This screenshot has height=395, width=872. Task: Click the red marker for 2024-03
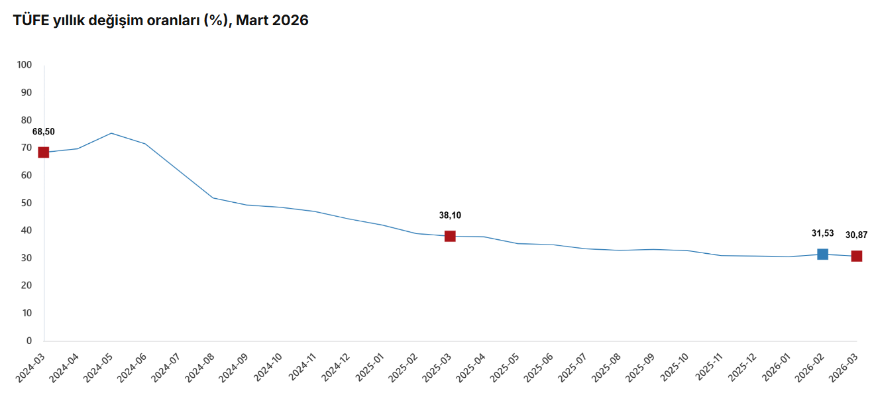tap(44, 152)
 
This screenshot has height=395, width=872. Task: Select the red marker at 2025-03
tap(450, 236)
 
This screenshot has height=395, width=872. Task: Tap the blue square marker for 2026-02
tap(822, 254)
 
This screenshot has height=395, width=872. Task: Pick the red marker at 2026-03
tap(856, 256)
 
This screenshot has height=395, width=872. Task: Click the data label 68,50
tap(44, 131)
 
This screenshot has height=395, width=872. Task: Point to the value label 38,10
tap(450, 215)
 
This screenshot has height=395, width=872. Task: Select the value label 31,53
tap(822, 233)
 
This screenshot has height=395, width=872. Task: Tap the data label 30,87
tap(856, 235)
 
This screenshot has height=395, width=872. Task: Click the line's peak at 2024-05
tap(111, 133)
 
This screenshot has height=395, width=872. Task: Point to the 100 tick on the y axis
tap(25, 65)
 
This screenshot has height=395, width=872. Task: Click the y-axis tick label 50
tap(27, 203)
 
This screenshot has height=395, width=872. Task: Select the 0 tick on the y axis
tap(29, 341)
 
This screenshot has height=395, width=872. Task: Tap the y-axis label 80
tap(27, 120)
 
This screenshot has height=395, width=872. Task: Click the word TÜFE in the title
tap(30, 21)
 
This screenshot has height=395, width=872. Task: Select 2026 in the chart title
tap(290, 21)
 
